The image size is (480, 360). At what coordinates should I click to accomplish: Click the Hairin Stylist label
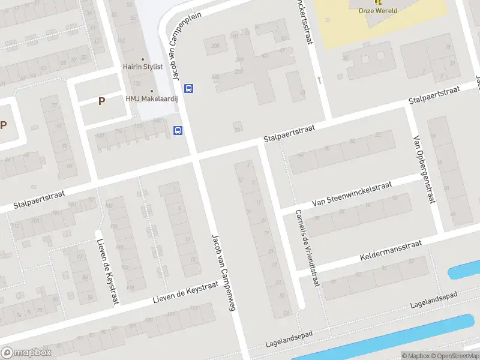pyautogui.click(x=143, y=67)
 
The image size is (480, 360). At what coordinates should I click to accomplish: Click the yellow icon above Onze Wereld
pyautogui.click(x=377, y=2)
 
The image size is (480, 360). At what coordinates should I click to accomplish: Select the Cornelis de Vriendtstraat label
pyautogui.click(x=305, y=248)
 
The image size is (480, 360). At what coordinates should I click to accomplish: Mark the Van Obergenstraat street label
pyautogui.click(x=423, y=170)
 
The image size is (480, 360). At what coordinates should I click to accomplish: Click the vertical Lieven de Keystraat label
pyautogui.click(x=107, y=271)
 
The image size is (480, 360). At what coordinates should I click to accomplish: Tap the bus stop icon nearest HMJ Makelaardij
pyautogui.click(x=189, y=89)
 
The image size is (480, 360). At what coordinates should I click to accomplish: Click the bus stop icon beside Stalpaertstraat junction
pyautogui.click(x=178, y=130)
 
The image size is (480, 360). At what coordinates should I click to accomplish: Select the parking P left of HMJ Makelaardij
pyautogui.click(x=102, y=101)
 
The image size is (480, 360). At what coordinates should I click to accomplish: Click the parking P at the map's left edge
pyautogui.click(x=4, y=125)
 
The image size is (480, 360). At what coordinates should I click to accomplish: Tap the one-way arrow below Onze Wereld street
pyautogui.click(x=320, y=79)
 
